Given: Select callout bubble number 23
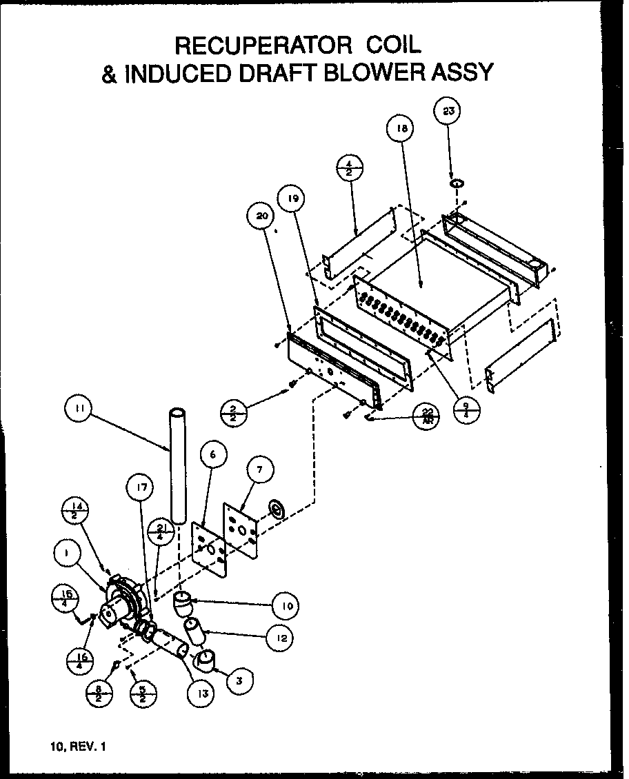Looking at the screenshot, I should [448, 112].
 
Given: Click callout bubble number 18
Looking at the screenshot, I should [401, 129].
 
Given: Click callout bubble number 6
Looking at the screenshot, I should [212, 454].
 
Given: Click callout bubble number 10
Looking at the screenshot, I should [286, 606].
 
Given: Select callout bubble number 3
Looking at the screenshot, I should [238, 681].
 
